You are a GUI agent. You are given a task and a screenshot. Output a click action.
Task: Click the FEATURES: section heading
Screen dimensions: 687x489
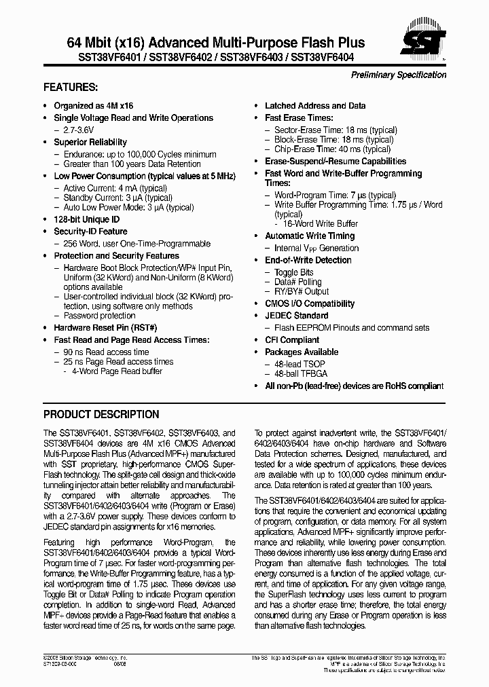click(71, 88)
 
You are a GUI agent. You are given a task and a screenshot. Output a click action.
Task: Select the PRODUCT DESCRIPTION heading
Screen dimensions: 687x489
click(101, 414)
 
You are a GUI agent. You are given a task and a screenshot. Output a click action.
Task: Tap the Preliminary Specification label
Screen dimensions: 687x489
click(398, 75)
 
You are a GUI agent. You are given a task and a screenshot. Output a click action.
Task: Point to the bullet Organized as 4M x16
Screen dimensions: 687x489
click(93, 106)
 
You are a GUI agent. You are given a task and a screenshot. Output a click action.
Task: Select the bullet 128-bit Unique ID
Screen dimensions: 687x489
click(86, 220)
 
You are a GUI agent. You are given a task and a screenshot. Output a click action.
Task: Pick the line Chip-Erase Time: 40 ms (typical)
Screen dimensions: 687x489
click(332, 149)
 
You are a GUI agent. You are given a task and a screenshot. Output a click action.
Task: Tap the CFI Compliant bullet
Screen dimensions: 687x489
click(291, 340)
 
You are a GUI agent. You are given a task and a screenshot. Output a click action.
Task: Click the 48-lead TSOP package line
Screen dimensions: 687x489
click(300, 364)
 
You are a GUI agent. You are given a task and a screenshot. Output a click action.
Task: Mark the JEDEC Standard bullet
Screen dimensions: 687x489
click(296, 316)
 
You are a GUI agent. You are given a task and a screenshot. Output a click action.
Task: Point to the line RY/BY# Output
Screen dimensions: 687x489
click(302, 292)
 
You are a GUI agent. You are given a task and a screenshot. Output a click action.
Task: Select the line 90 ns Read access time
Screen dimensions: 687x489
click(106, 352)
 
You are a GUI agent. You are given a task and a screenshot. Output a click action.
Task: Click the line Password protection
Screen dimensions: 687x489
click(99, 316)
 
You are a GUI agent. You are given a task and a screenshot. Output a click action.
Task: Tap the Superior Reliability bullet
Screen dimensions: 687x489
click(90, 143)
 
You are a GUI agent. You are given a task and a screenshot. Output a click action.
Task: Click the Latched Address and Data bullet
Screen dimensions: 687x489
click(314, 106)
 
